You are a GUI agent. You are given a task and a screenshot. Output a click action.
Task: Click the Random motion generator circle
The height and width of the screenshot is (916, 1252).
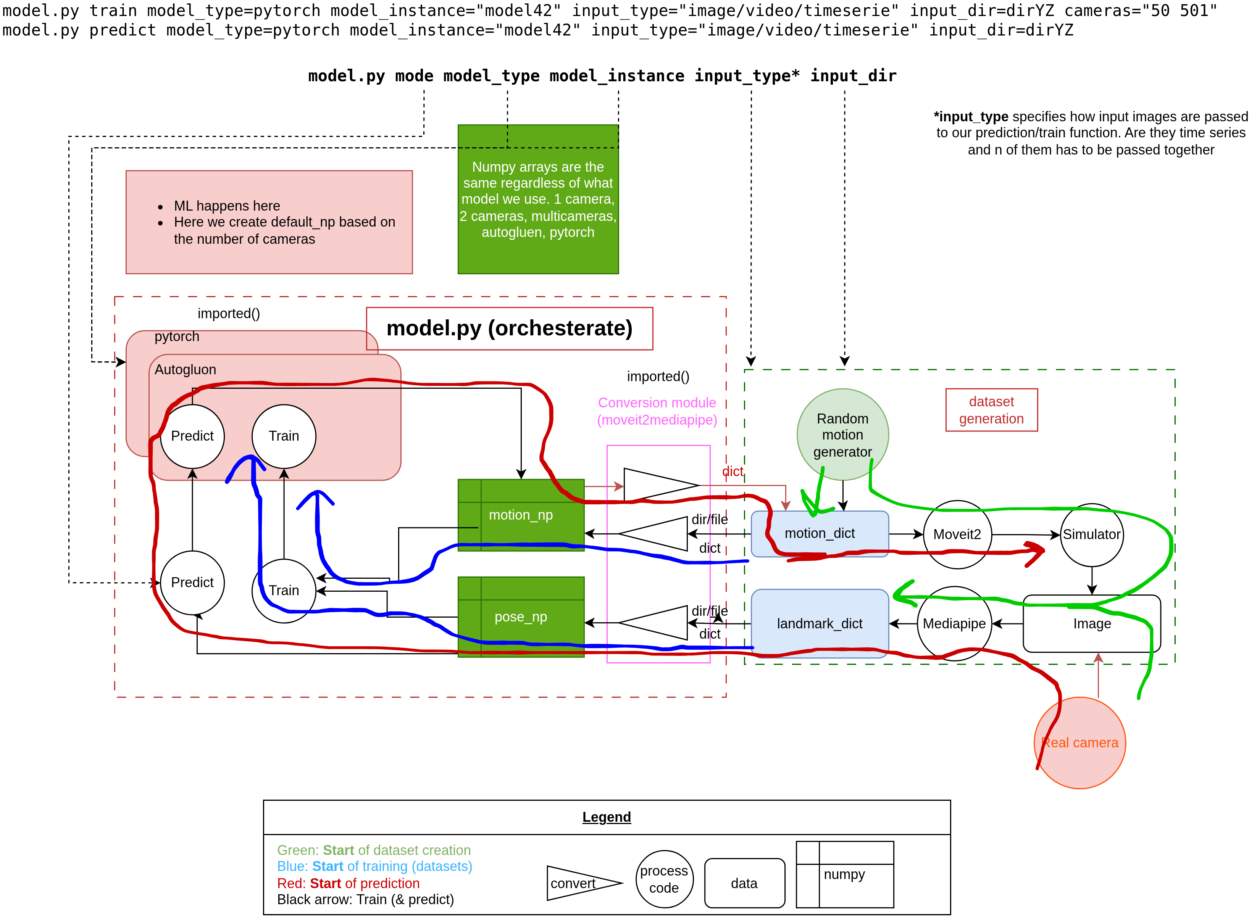842,434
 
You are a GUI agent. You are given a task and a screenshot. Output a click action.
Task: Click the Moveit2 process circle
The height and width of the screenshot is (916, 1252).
957,534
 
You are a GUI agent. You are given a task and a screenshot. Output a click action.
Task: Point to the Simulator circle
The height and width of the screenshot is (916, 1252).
1091,534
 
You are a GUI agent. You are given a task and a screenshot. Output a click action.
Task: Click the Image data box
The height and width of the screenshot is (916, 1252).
1091,623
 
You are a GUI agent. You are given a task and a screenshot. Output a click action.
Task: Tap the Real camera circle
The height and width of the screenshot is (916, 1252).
1079,742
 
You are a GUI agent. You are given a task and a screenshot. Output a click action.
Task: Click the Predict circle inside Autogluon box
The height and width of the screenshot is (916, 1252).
192,436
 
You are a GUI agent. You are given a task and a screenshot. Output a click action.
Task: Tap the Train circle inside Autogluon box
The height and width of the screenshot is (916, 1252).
284,436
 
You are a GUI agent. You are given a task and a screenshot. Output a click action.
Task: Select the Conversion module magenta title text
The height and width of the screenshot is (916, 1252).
657,411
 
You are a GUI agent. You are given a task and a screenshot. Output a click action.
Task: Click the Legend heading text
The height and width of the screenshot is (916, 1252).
606,817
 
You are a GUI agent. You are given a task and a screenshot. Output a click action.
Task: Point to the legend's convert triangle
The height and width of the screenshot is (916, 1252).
580,883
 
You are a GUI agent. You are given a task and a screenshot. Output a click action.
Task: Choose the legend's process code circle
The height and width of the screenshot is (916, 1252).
664,879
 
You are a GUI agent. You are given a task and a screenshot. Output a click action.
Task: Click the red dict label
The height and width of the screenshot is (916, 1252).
732,471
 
